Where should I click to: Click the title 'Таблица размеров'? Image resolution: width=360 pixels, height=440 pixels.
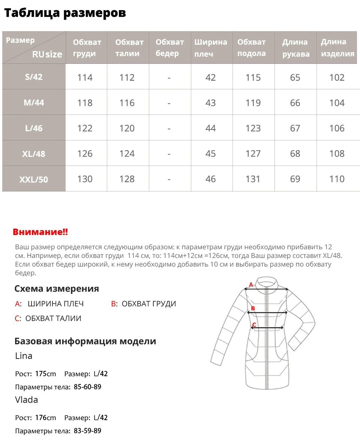coord(65,13)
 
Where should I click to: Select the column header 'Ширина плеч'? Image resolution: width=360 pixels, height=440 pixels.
coord(211,48)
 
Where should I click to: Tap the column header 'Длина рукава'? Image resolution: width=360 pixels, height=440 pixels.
coord(295,48)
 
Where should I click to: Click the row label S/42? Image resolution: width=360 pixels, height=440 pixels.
coord(34,77)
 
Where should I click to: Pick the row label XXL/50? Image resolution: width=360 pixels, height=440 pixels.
coord(34,179)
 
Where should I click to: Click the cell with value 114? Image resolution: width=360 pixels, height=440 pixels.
coord(85,77)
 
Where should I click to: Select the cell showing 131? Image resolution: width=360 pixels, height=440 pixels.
coord(253,179)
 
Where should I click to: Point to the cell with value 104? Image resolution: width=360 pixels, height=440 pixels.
coord(337,103)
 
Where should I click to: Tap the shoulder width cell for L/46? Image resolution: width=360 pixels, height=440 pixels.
coord(211,128)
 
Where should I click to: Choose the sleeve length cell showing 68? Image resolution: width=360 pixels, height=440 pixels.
coord(295,154)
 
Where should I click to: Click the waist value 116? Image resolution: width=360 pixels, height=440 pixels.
coord(127,103)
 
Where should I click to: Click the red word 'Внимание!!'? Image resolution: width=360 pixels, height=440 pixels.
coord(40,232)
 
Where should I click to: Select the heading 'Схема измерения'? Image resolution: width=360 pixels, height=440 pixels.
coord(57,289)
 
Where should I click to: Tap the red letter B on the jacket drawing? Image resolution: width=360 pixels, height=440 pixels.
coord(253,308)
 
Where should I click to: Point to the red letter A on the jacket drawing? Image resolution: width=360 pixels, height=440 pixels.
coord(251,285)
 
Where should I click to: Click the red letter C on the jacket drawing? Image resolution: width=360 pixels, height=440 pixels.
coord(254,325)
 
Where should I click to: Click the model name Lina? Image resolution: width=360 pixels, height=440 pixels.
coord(24,356)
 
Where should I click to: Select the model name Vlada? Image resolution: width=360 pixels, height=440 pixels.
coord(27,399)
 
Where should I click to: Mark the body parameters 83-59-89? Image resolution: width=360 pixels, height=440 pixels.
coord(87,431)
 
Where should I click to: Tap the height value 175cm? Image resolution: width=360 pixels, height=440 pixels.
coord(45,374)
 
